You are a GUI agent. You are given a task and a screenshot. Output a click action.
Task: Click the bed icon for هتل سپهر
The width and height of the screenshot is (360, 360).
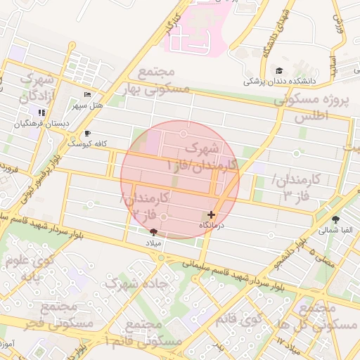click(x=87, y=95)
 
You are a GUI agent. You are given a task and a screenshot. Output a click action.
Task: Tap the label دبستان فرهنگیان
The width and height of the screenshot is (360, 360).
click(x=45, y=124)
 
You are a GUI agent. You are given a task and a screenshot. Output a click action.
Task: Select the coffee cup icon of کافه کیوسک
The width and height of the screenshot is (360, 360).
click(x=86, y=133)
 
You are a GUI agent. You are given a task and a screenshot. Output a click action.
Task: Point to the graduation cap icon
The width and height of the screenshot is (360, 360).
click(x=280, y=70)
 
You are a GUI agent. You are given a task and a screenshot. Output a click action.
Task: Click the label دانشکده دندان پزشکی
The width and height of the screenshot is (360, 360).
click(x=280, y=82)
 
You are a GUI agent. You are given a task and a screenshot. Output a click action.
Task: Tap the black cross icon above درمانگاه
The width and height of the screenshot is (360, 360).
click(x=211, y=214)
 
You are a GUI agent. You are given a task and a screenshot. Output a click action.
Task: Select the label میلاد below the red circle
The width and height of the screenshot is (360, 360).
click(x=153, y=243)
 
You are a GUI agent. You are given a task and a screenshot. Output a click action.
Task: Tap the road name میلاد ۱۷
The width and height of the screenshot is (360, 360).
click(x=289, y=345)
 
